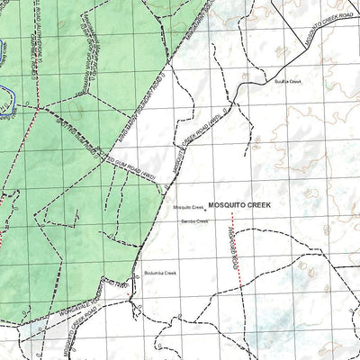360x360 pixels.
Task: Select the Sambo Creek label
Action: (194, 221)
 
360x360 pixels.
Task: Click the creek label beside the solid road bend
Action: (288, 81)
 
